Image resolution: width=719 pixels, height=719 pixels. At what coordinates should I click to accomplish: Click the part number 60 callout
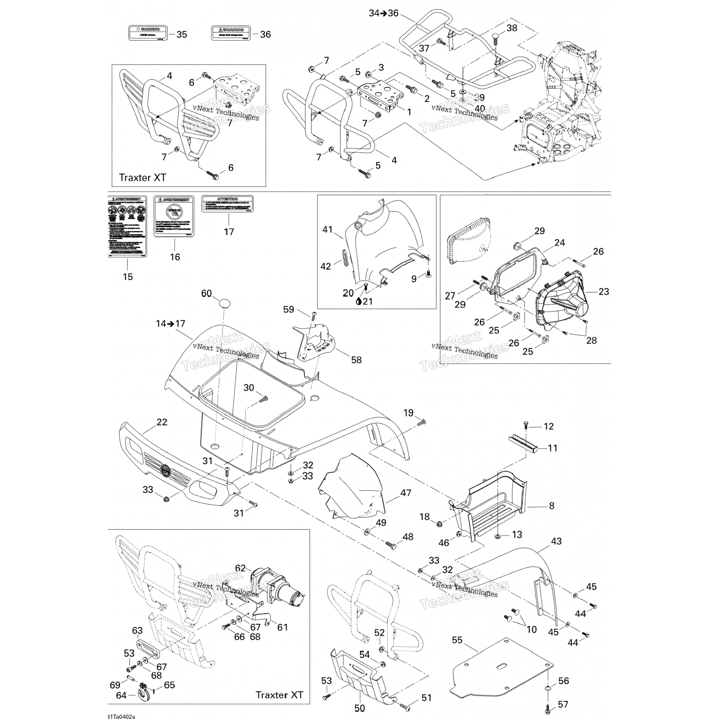pos(206,294)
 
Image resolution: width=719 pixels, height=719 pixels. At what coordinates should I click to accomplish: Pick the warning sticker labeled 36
pos(231,33)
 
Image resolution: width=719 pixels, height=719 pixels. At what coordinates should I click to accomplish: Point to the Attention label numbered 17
pos(227,204)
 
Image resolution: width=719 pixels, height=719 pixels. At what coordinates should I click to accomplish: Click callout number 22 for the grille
pos(162,422)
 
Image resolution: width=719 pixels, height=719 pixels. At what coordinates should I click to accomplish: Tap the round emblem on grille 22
pos(166,470)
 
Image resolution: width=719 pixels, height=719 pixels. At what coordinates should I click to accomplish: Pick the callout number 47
pos(406,493)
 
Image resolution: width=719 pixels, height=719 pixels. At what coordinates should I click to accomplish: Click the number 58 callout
pos(356,359)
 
